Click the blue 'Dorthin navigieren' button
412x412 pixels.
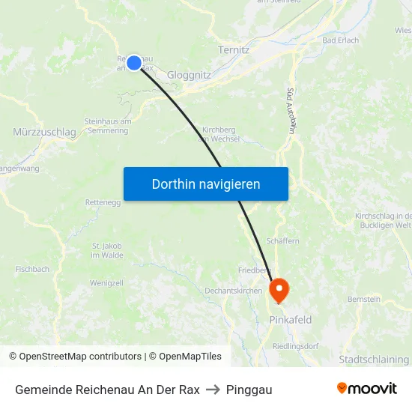tap(206, 184)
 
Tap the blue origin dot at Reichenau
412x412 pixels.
tap(134, 63)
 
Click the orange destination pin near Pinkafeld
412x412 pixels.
tap(279, 289)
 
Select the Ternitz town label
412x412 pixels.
tap(233, 49)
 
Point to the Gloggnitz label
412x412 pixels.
tap(189, 75)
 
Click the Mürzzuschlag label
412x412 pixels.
tap(44, 132)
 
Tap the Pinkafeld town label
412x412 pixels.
tap(290, 320)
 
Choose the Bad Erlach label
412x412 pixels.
tap(340, 40)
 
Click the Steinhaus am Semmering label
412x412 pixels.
tap(107, 125)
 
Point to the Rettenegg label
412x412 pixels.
tap(103, 202)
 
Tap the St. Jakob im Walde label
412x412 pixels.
tap(107, 250)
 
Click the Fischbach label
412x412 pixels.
tap(32, 269)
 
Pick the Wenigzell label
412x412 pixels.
tap(106, 283)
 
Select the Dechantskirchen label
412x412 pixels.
tap(234, 291)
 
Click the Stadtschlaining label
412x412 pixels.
tap(374, 360)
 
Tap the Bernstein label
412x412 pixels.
tap(364, 299)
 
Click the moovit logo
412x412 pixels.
tap(366, 389)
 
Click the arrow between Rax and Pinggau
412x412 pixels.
tap(213, 390)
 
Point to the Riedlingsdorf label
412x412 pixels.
tap(296, 346)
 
